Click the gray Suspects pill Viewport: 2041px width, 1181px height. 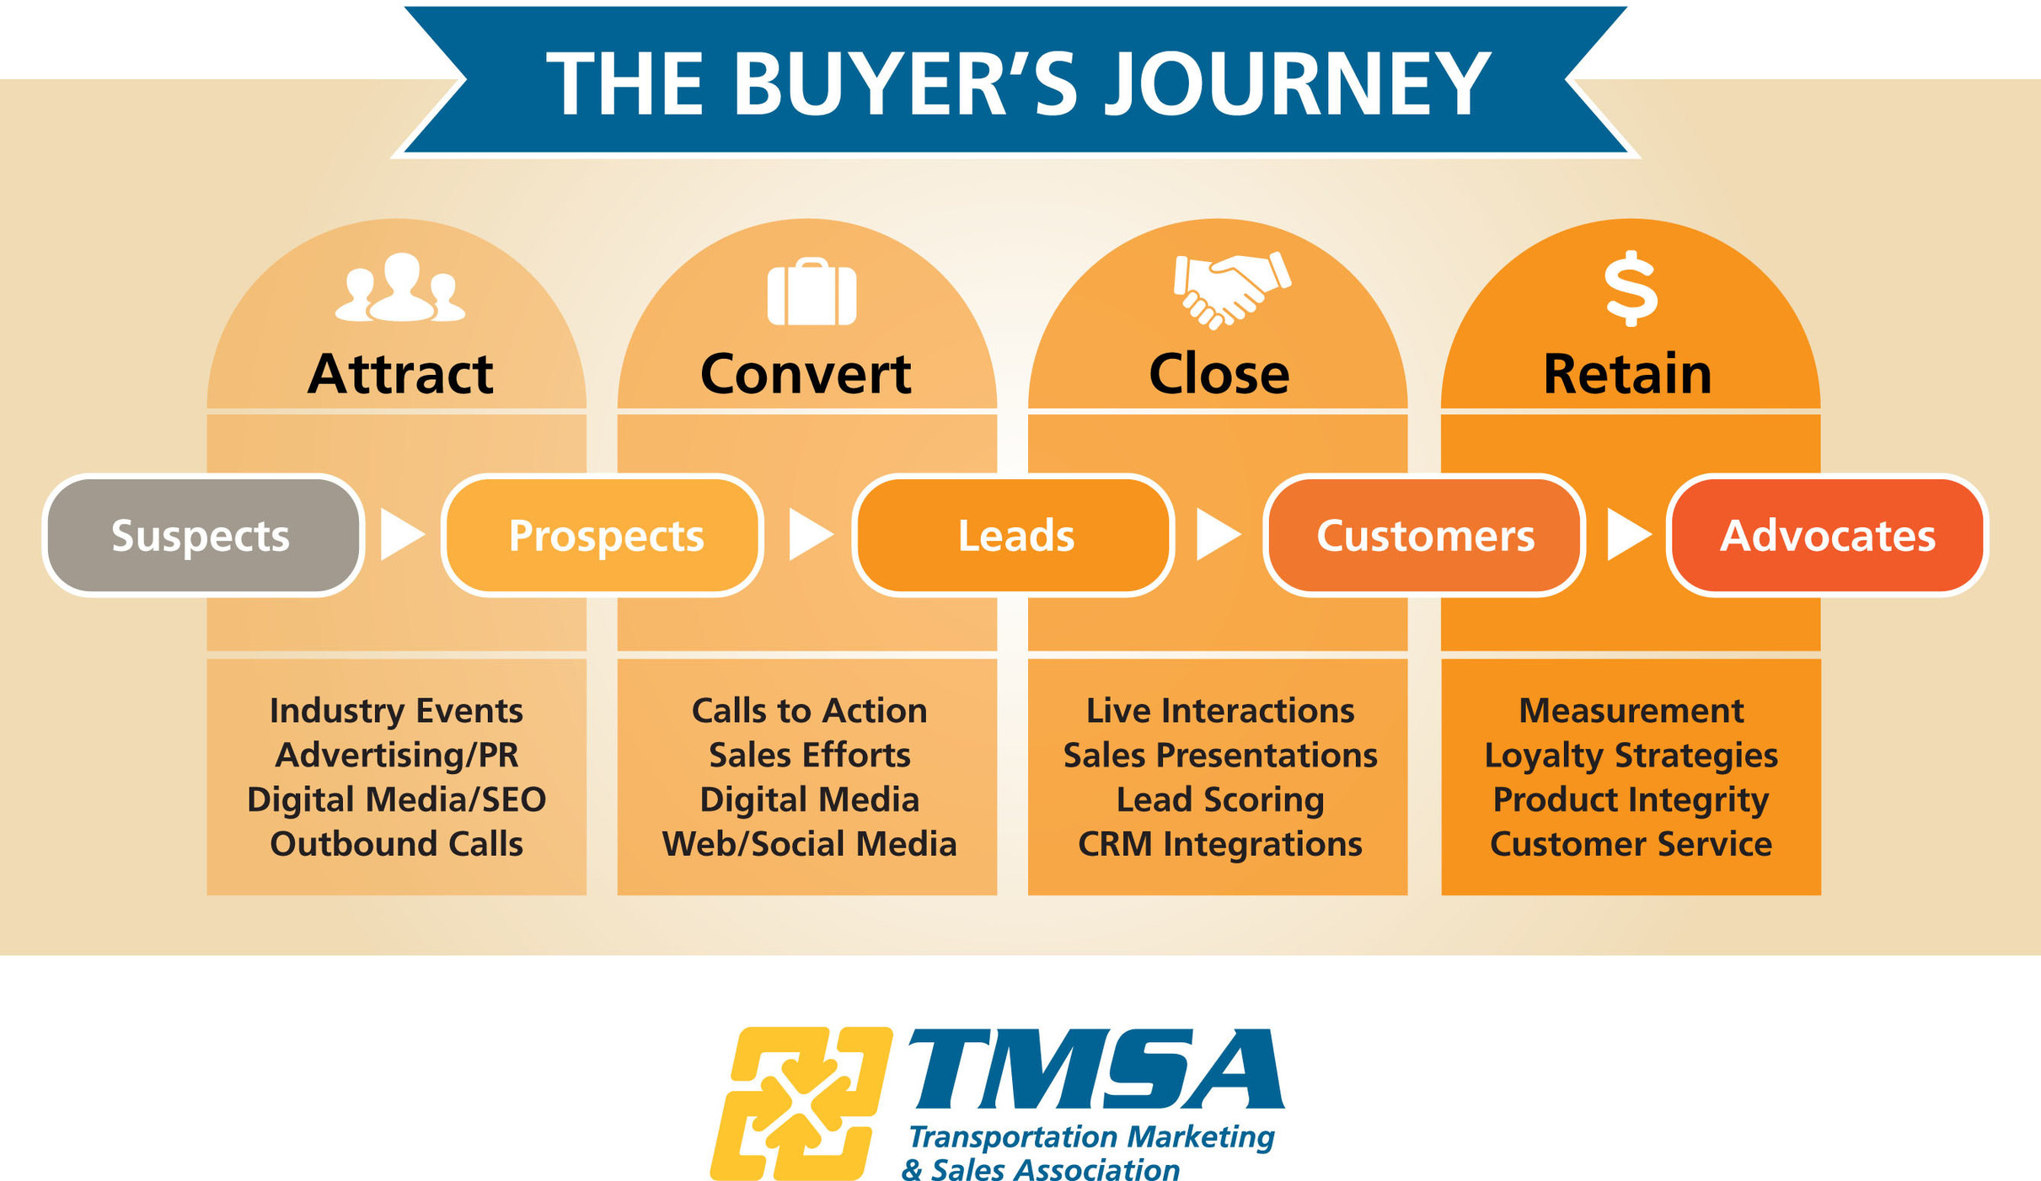click(x=202, y=536)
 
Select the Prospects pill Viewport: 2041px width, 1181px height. click(x=603, y=536)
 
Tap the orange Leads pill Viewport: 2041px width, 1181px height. click(x=1014, y=536)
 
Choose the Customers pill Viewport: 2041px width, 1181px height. click(x=1424, y=536)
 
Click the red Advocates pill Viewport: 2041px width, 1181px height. click(x=1827, y=536)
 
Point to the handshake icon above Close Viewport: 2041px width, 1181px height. click(x=1230, y=289)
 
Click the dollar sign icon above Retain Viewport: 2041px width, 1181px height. click(x=1631, y=289)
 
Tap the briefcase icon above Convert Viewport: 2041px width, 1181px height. click(x=811, y=292)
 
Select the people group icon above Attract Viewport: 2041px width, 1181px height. click(x=399, y=289)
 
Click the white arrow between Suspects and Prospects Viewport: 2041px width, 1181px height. click(x=401, y=535)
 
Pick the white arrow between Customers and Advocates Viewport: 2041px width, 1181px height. click(x=1627, y=535)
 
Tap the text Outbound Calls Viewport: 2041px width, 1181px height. click(x=396, y=844)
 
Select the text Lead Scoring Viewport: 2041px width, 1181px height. click(x=1219, y=799)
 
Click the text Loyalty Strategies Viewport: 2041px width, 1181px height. click(x=1631, y=756)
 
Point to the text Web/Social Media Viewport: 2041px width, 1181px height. click(x=809, y=844)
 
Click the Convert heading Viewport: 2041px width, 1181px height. click(x=806, y=373)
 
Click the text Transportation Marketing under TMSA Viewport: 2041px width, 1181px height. click(x=1090, y=1137)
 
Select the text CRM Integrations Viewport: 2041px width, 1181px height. click(x=1219, y=844)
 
